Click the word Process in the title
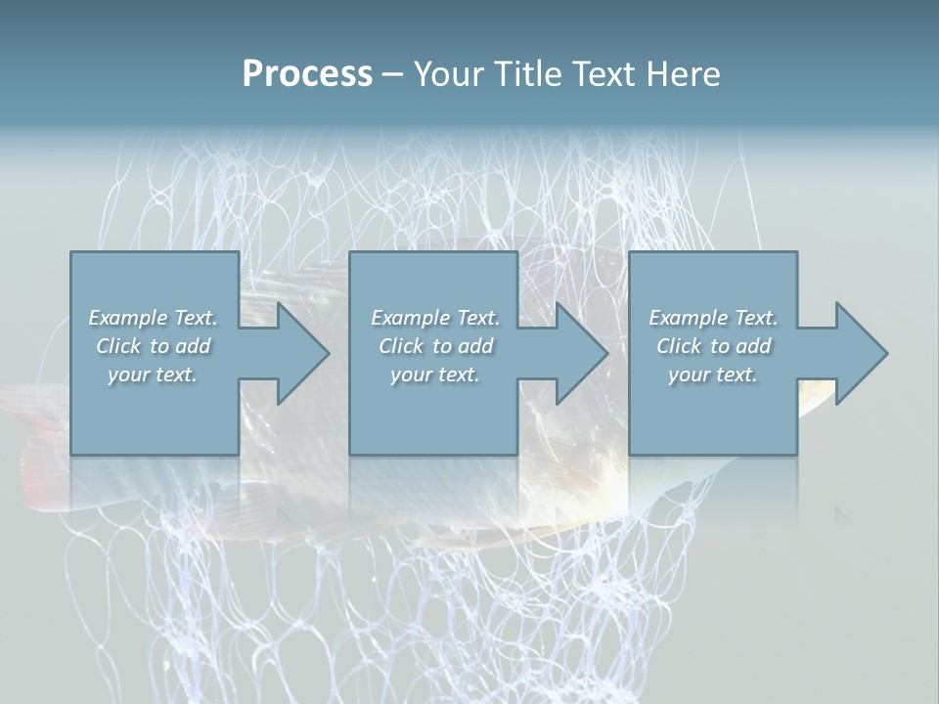click(307, 74)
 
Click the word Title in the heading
click(528, 74)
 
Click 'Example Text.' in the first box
click(153, 318)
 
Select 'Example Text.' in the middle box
click(435, 318)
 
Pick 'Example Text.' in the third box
click(713, 318)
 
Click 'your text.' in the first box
click(153, 374)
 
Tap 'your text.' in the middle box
click(435, 374)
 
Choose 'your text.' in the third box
click(713, 374)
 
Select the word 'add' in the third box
click(753, 346)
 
